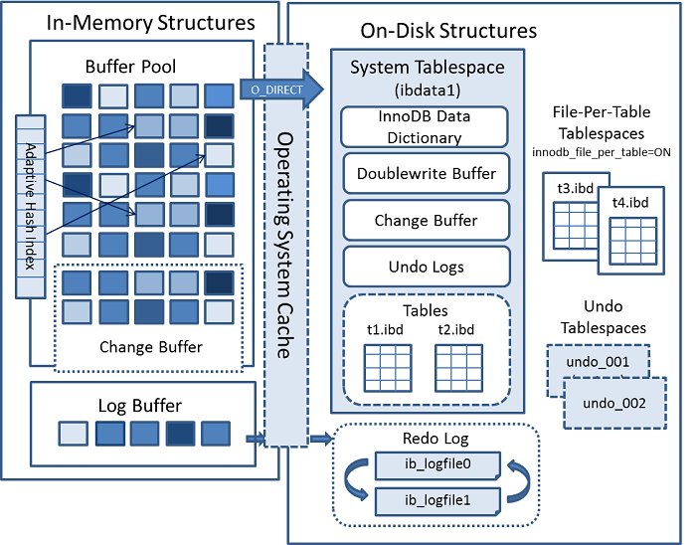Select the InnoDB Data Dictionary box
(x=425, y=127)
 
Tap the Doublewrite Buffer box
(x=426, y=174)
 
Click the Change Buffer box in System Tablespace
(x=426, y=220)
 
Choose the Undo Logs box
(x=426, y=267)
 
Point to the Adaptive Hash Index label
(x=31, y=203)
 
